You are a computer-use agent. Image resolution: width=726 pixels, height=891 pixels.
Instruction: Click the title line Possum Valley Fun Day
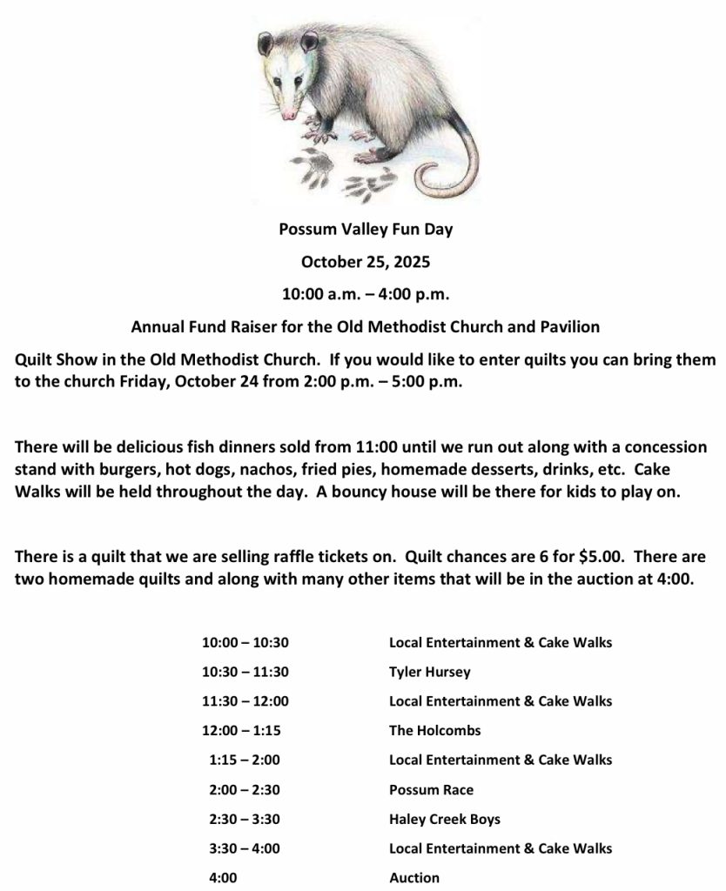click(366, 231)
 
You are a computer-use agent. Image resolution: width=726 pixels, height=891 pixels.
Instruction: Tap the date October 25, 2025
click(366, 261)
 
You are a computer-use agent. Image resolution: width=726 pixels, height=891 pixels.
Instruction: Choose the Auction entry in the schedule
click(413, 878)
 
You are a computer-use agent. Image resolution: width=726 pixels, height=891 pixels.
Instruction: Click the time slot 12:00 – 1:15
click(245, 731)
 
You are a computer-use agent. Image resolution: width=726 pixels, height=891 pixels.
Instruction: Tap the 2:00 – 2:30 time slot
click(245, 790)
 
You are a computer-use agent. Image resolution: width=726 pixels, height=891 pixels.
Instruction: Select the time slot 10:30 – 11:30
click(245, 672)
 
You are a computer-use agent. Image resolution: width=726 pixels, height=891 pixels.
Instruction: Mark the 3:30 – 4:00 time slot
click(245, 848)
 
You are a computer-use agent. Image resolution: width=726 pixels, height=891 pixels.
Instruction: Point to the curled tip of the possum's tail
click(428, 184)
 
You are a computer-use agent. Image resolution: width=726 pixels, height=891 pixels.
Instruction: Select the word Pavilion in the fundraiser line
click(571, 328)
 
